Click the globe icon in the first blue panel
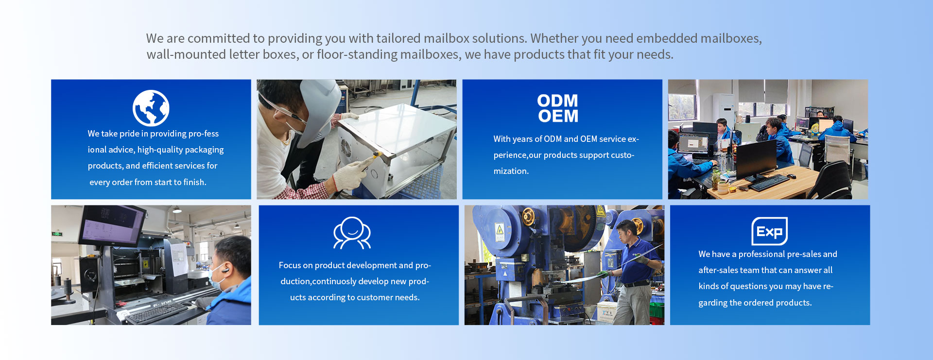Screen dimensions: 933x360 [151, 108]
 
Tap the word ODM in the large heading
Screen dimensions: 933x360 [557, 101]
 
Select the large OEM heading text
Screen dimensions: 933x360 [558, 116]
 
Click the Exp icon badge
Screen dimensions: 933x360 [769, 231]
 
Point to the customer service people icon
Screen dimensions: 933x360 [352, 233]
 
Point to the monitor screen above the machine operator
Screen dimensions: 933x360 [113, 226]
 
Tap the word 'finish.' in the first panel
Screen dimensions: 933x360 [194, 182]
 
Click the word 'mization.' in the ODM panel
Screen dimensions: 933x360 [511, 171]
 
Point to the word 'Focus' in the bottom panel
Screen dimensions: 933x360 [290, 265]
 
